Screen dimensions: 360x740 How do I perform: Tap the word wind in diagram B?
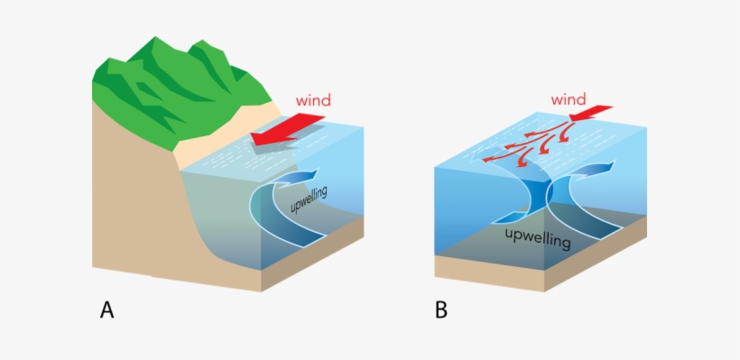click(x=568, y=98)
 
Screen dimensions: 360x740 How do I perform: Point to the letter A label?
click(x=106, y=310)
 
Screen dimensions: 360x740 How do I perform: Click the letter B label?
click(x=440, y=310)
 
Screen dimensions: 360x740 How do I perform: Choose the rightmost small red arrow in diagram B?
click(x=565, y=135)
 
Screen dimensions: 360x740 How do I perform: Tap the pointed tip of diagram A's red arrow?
click(x=255, y=140)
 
